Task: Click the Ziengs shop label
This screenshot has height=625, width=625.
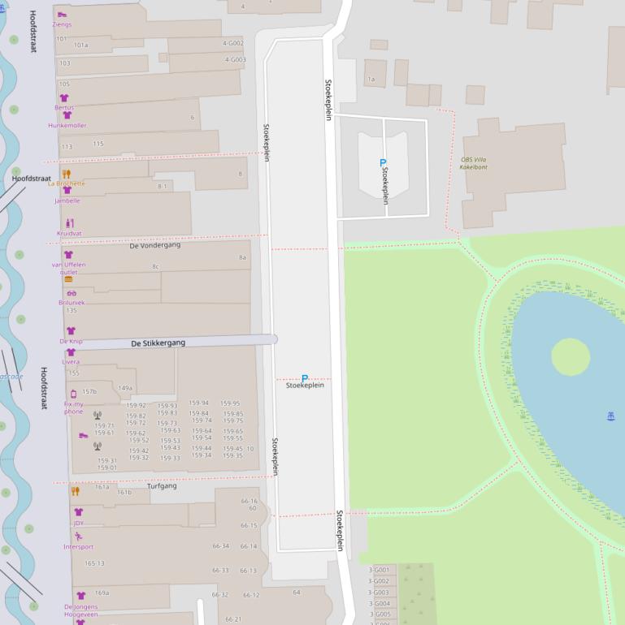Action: pyautogui.click(x=62, y=24)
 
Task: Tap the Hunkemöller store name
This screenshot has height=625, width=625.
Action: pyautogui.click(x=67, y=126)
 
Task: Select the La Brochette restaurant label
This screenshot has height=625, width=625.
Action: pyautogui.click(x=66, y=183)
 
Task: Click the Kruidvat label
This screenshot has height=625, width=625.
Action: pyautogui.click(x=69, y=234)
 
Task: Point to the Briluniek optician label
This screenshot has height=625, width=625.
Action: pyautogui.click(x=72, y=303)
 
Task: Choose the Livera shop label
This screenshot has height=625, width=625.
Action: pyautogui.click(x=71, y=362)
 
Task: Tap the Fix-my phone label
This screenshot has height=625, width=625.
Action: pyautogui.click(x=73, y=407)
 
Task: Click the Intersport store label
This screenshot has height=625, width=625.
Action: pyautogui.click(x=78, y=547)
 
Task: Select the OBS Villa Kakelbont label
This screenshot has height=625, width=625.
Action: pyautogui.click(x=473, y=163)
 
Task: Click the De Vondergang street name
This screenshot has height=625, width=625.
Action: pyautogui.click(x=154, y=245)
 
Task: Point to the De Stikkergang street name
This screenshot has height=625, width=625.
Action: pyautogui.click(x=158, y=343)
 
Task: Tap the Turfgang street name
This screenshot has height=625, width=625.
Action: pyautogui.click(x=162, y=486)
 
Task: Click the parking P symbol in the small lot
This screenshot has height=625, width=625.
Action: pyautogui.click(x=383, y=163)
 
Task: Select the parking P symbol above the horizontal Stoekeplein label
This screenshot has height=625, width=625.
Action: pyautogui.click(x=305, y=377)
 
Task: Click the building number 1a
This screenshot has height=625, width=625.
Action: pyautogui.click(x=371, y=80)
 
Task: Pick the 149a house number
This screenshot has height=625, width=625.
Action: pyautogui.click(x=125, y=389)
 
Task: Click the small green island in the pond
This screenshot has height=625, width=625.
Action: pyautogui.click(x=571, y=356)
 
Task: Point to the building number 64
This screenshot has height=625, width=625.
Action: pyautogui.click(x=297, y=593)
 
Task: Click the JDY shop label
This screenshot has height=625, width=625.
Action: pyautogui.click(x=78, y=524)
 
